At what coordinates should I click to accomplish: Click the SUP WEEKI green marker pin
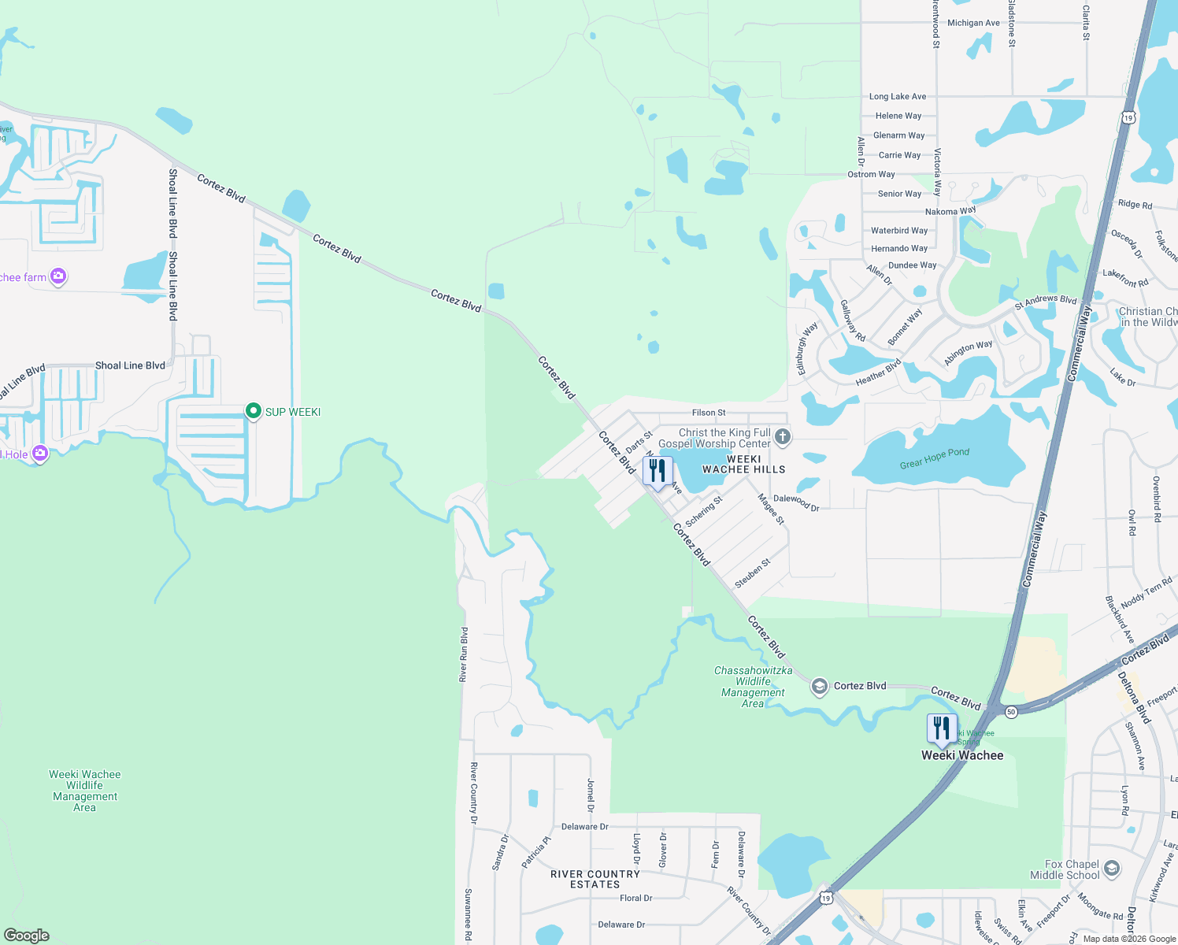click(x=253, y=411)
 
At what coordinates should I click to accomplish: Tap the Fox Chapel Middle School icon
click(x=1111, y=869)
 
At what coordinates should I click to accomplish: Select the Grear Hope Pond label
click(x=934, y=458)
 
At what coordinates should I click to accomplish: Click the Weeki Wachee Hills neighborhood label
click(x=743, y=464)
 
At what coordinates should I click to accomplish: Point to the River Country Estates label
click(x=595, y=879)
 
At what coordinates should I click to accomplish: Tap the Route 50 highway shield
click(x=1011, y=712)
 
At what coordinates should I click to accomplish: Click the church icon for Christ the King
click(x=782, y=436)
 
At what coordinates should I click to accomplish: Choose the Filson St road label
click(x=709, y=413)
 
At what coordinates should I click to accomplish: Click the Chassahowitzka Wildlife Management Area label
click(x=753, y=687)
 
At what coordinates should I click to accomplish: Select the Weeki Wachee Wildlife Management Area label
click(x=85, y=791)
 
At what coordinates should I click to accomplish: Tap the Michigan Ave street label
click(x=973, y=23)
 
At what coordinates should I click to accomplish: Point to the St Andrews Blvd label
click(x=1045, y=300)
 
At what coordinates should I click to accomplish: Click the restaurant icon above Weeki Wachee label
click(x=941, y=728)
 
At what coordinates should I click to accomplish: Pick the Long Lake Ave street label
click(x=898, y=96)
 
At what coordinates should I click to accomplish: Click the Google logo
click(x=27, y=935)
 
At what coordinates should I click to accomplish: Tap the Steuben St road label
click(x=752, y=573)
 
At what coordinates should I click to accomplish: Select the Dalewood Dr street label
click(x=796, y=502)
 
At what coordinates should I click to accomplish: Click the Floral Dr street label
click(x=635, y=898)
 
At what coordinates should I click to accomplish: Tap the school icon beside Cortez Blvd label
click(x=819, y=687)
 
